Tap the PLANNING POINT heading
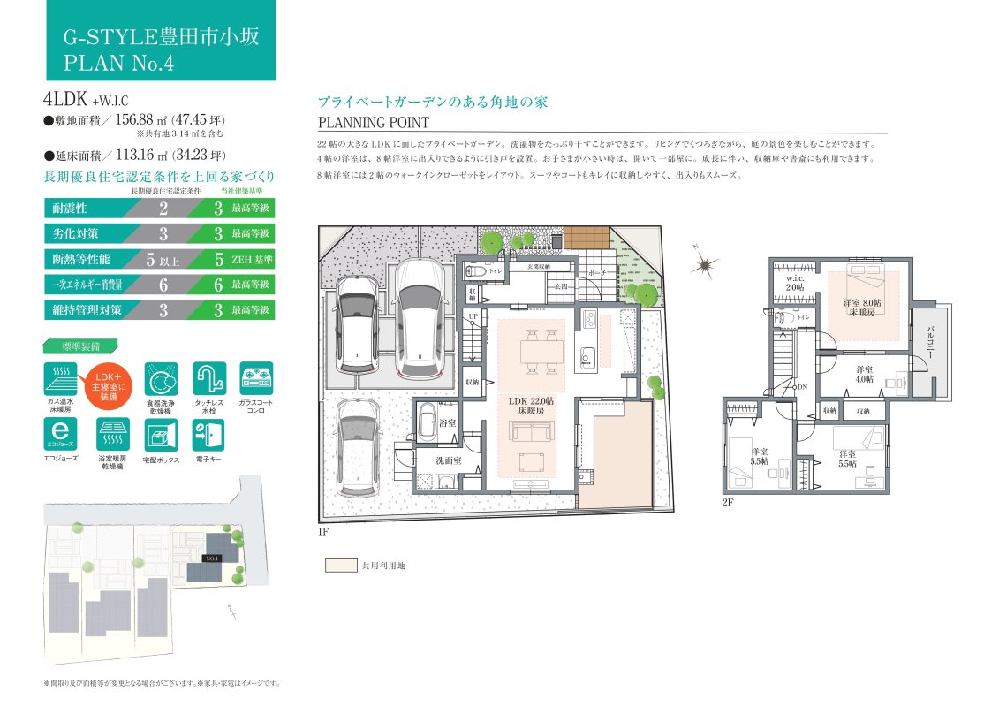(373, 123)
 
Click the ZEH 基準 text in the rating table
(252, 260)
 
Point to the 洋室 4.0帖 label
(864, 373)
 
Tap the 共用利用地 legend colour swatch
(339, 565)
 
